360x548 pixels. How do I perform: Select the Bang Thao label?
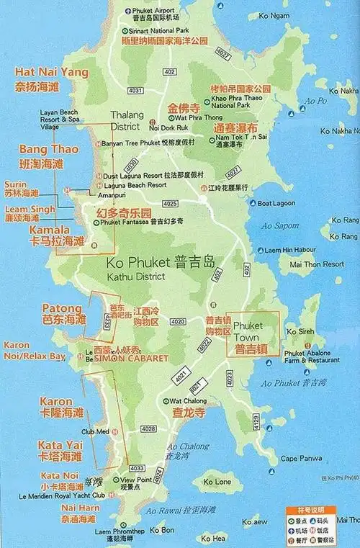click(43, 149)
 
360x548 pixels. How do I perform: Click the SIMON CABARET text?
click(131, 358)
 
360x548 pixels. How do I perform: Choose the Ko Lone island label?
click(217, 481)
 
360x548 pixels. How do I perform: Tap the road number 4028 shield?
click(148, 428)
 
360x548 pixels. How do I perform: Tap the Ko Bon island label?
click(166, 531)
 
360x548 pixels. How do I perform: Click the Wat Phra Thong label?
click(180, 117)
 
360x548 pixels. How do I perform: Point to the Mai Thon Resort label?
click(317, 264)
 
